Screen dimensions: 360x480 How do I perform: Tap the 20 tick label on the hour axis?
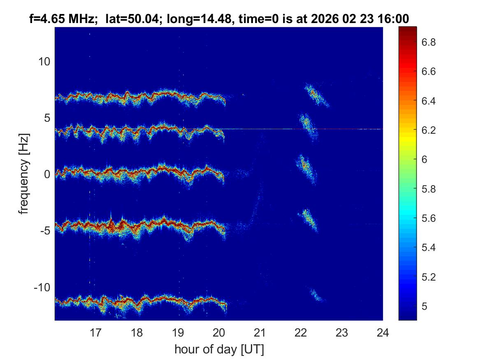pos(219,332)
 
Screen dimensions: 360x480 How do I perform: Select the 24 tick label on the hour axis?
pos(383,332)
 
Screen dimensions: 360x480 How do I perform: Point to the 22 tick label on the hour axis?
pos(301,332)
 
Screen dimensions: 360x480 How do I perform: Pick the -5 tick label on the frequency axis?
pos(44,230)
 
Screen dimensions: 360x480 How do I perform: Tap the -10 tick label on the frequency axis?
pos(41,287)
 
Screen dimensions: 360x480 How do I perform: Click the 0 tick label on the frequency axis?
pos(46,174)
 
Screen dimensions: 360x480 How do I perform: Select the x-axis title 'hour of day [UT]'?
pos(219,350)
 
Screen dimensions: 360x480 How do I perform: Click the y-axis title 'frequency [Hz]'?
pos(24,174)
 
